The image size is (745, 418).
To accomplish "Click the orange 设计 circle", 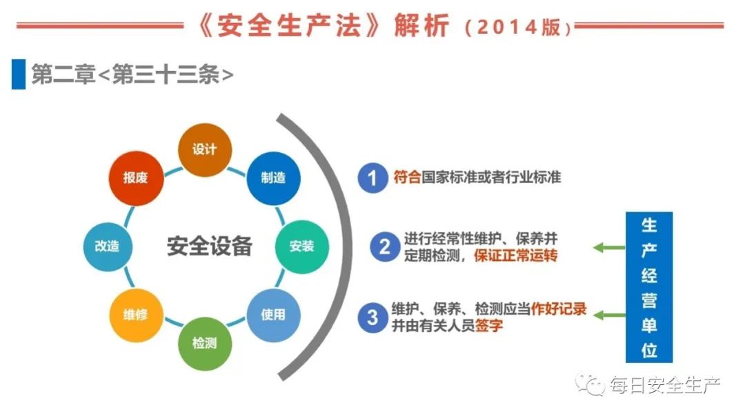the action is (x=205, y=150).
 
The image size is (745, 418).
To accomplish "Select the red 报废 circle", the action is (x=136, y=178).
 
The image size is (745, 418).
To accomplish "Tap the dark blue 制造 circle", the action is (x=273, y=178).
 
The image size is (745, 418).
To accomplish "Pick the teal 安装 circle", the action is (x=301, y=247).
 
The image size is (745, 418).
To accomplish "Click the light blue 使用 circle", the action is (x=273, y=315).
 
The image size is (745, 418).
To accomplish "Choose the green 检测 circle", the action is (x=205, y=344).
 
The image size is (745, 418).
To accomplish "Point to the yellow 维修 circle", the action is (x=136, y=315).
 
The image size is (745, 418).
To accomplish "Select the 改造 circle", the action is (x=108, y=247).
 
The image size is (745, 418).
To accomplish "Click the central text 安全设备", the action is (x=209, y=247).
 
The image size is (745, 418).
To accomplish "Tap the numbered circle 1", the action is (x=373, y=178).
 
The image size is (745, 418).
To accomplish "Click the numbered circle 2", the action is (x=384, y=247).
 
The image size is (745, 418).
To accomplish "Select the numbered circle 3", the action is (x=373, y=317).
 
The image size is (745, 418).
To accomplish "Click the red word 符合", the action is (x=407, y=177).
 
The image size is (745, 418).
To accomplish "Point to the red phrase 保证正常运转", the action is (x=515, y=255).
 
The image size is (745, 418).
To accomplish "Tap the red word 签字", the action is (x=489, y=326).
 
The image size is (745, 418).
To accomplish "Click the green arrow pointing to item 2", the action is (x=610, y=248).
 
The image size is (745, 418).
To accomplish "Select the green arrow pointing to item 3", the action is (x=610, y=315).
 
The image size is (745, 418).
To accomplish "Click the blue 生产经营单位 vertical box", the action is (x=649, y=287).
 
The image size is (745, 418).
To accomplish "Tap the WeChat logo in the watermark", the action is (x=590, y=384).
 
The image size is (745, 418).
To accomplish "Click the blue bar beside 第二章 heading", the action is (x=19, y=74).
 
